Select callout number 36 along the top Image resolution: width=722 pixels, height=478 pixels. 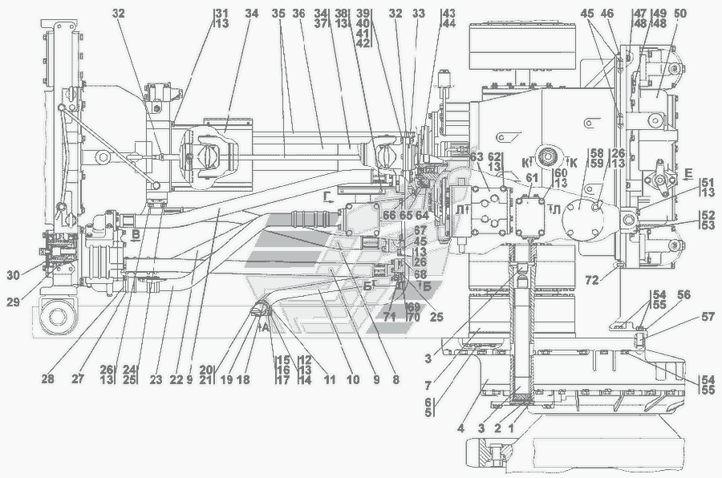(298, 14)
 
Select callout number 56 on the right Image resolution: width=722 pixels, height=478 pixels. (662, 296)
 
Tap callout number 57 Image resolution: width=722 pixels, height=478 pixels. (685, 318)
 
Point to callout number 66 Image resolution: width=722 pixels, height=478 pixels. (388, 215)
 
